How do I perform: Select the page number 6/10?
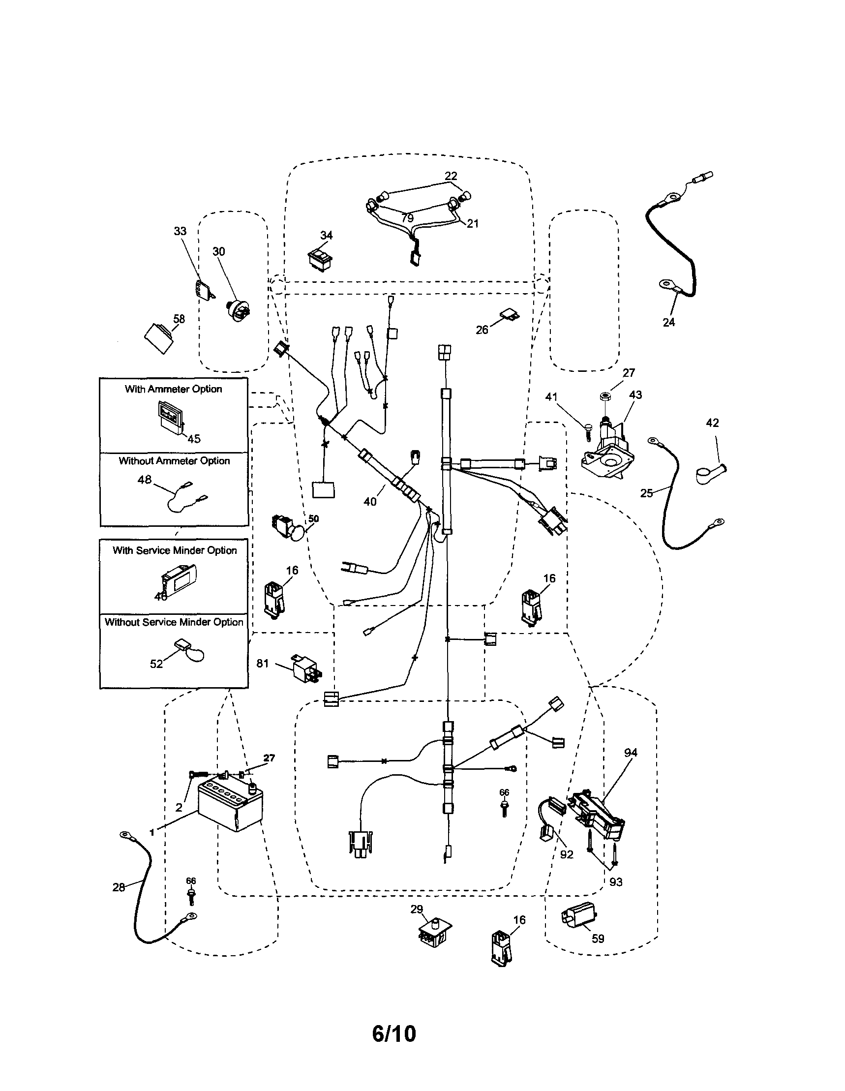click(393, 1033)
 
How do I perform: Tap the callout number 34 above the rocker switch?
click(326, 235)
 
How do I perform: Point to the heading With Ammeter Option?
click(173, 389)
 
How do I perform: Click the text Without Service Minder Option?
click(174, 622)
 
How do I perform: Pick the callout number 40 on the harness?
click(370, 502)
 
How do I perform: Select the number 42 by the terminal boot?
click(712, 423)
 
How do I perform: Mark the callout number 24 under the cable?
click(669, 322)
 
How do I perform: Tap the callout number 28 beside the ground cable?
click(119, 887)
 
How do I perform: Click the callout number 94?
click(631, 753)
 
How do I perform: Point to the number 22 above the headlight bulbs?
click(451, 176)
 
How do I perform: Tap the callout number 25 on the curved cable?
click(646, 493)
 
